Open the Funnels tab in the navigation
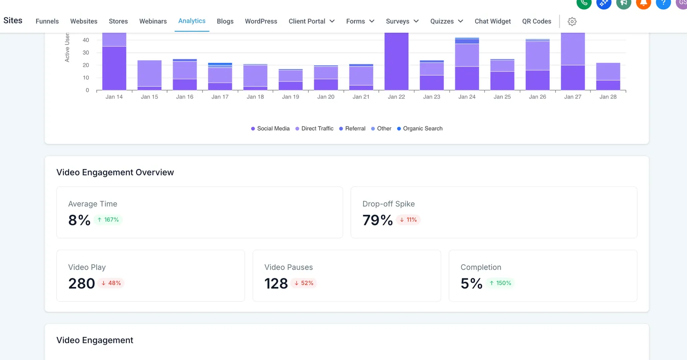click(47, 21)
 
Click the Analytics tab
click(192, 21)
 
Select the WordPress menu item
click(261, 21)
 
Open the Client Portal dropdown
click(312, 21)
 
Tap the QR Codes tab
click(537, 21)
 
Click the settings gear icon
click(572, 21)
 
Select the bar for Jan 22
click(396, 61)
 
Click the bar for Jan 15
click(149, 75)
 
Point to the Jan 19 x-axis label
click(290, 97)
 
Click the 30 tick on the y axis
click(85, 52)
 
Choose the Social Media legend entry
click(270, 128)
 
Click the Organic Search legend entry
click(419, 128)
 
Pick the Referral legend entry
click(352, 128)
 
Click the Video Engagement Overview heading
click(115, 172)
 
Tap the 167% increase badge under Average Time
click(108, 220)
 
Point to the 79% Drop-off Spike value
click(377, 220)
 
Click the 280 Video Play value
click(81, 283)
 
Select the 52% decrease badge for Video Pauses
click(304, 283)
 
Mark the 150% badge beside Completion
click(500, 283)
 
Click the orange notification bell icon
click(644, 4)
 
